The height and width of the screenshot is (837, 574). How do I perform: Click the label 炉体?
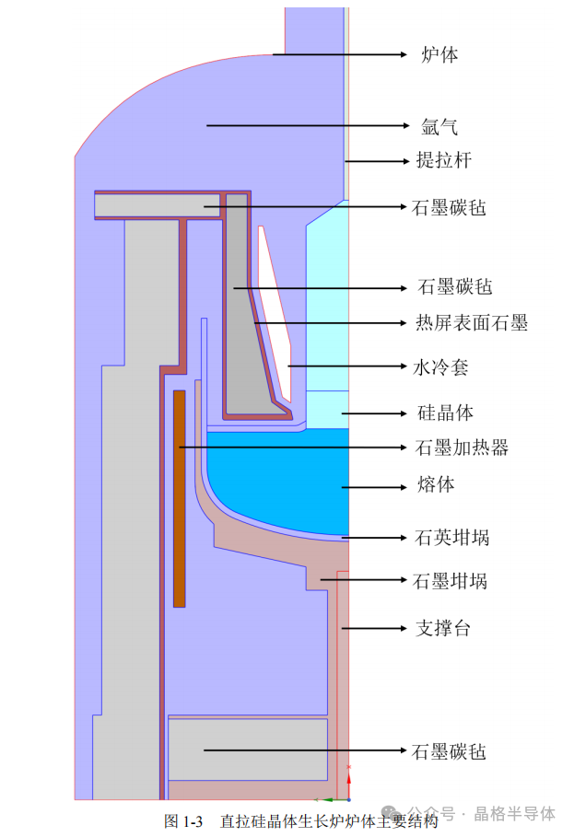point(439,55)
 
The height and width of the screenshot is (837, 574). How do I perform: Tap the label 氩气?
point(439,125)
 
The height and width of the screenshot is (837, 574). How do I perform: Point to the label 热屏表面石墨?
point(471,323)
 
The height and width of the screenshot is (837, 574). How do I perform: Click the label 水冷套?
point(440,367)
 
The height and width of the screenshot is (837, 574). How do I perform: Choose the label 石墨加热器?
point(462,448)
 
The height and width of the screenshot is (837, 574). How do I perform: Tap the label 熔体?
point(435,484)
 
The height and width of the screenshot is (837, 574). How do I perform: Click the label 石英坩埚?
point(451,537)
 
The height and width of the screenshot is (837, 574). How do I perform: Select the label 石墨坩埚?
point(450,581)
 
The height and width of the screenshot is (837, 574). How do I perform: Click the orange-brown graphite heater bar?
point(180,497)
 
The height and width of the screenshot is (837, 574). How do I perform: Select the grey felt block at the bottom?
point(247,749)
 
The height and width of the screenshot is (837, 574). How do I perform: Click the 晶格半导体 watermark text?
point(515,814)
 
